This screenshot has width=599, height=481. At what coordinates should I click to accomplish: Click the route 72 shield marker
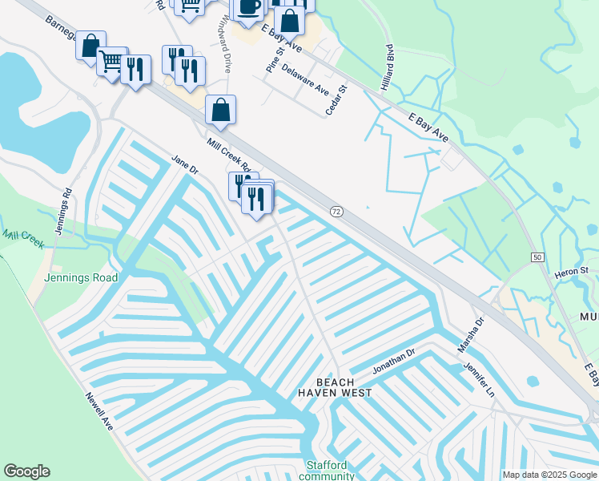click(x=336, y=211)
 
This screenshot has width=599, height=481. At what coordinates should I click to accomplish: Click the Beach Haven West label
click(x=335, y=387)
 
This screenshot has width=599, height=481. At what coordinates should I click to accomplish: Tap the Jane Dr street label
click(x=184, y=166)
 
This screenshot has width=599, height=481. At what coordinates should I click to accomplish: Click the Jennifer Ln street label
click(x=480, y=378)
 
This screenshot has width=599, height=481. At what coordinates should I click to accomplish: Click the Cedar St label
click(x=336, y=101)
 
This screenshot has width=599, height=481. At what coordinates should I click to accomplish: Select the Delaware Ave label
click(x=306, y=78)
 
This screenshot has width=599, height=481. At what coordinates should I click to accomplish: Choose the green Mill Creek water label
click(x=22, y=236)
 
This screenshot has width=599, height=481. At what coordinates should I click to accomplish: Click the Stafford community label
click(x=327, y=470)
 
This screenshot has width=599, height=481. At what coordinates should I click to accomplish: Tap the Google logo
click(x=26, y=471)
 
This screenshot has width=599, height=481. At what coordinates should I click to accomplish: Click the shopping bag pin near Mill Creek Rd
click(x=220, y=111)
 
